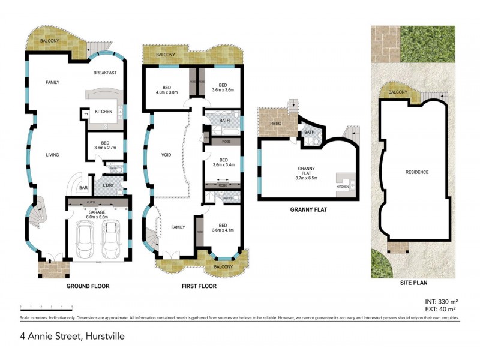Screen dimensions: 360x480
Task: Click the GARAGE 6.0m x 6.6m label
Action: point(97,214)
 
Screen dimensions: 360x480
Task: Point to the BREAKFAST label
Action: point(105,73)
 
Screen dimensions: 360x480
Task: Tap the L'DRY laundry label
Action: point(109,185)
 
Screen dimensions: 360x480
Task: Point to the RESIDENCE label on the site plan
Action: point(417,172)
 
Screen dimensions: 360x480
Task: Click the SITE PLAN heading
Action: point(414,282)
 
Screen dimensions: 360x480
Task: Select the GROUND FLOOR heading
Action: point(88,286)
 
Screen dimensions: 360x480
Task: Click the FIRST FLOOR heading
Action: point(199,286)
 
